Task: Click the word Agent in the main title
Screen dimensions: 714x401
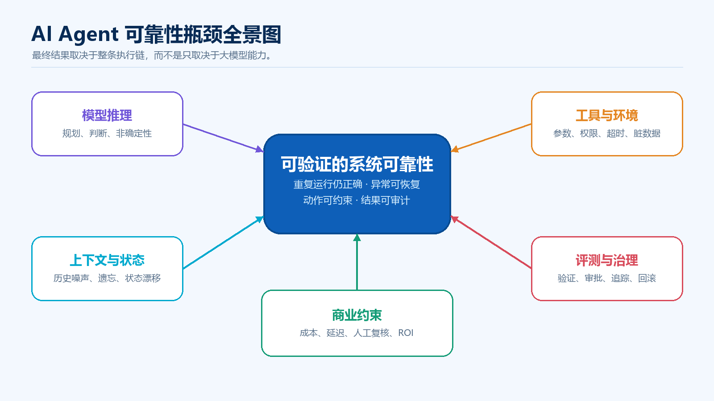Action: [x=89, y=34]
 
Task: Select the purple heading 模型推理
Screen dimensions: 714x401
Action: [x=107, y=115]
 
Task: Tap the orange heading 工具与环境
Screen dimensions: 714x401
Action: [x=607, y=115]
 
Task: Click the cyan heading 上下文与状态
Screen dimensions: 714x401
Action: [x=107, y=260]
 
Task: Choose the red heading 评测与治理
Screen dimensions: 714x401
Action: [x=607, y=260]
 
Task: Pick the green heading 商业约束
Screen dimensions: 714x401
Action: [x=357, y=315]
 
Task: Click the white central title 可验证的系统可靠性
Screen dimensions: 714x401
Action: [x=357, y=164]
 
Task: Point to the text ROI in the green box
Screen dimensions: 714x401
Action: [x=406, y=333]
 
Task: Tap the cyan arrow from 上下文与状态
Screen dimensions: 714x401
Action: [x=224, y=242]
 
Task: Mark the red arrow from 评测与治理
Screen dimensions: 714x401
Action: [x=491, y=242]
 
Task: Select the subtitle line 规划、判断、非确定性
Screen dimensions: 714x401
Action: [x=107, y=133]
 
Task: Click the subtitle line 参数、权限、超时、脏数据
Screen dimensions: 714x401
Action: [x=607, y=133]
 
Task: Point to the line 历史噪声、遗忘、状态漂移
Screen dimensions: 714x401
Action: [x=107, y=278]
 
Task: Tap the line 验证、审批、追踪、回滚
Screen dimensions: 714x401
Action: [x=607, y=278]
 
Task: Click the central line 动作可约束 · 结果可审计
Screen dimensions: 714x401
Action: [x=357, y=200]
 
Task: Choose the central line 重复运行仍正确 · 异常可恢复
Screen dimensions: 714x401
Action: [x=357, y=184]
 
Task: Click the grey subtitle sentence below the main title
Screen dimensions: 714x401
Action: [x=152, y=55]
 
